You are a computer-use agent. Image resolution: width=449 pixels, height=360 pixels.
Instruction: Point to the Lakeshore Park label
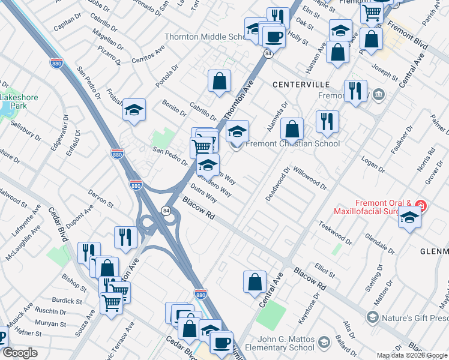13,101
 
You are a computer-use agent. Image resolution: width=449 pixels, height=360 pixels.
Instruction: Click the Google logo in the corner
20,353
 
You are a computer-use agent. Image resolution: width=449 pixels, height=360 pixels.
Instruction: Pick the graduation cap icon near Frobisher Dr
134,110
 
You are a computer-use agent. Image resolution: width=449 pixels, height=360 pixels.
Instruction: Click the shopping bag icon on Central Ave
255,281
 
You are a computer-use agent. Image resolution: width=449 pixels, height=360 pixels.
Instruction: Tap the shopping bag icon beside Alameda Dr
292,128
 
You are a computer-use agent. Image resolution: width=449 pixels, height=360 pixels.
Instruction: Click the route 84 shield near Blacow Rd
165,210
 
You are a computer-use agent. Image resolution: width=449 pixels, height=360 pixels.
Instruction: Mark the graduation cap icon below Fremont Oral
409,218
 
